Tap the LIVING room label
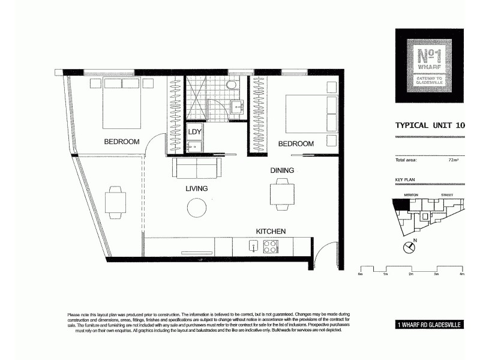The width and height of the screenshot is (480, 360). point(196,188)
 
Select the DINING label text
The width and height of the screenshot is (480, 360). point(282,170)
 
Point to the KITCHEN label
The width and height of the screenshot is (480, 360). point(271,231)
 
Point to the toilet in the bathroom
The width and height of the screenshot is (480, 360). point(231,85)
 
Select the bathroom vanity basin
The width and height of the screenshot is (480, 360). point(236,107)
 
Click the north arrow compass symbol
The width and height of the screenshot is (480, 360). point(410,246)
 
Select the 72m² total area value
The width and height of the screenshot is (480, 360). point(453,160)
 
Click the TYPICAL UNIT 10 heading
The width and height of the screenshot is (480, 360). point(430,125)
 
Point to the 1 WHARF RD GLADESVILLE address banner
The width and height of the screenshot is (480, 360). point(429,325)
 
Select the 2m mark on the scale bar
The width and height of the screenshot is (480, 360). point(411,274)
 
